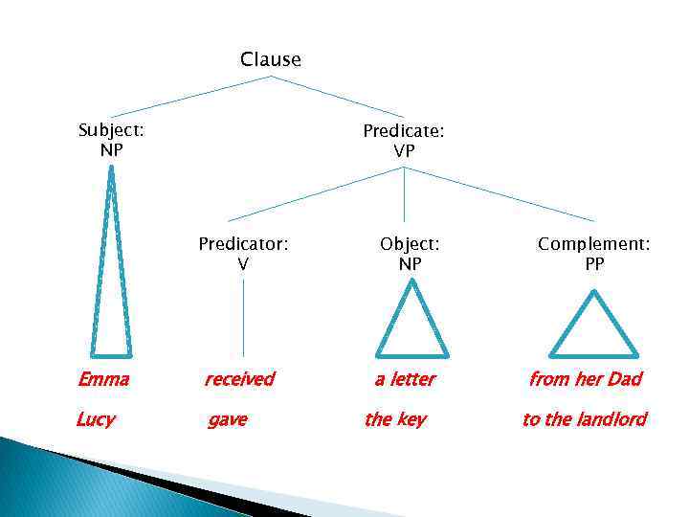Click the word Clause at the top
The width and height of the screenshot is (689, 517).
(271, 59)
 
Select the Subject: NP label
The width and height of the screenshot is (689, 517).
(111, 139)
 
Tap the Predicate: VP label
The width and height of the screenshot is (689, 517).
(403, 140)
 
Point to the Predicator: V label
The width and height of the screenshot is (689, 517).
(243, 254)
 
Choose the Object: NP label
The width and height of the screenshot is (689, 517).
(410, 254)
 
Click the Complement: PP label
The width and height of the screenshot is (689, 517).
(594, 254)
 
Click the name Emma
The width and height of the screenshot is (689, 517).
(103, 379)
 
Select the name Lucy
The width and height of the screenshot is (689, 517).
(96, 419)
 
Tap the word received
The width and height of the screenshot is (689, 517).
(239, 379)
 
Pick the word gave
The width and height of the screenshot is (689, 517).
(228, 419)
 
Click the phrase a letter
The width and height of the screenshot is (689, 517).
(405, 379)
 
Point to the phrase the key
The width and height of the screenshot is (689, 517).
(395, 419)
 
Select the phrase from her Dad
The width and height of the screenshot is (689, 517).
(585, 379)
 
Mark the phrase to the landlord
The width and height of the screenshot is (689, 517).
(584, 419)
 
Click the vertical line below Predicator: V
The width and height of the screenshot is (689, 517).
(243, 316)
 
